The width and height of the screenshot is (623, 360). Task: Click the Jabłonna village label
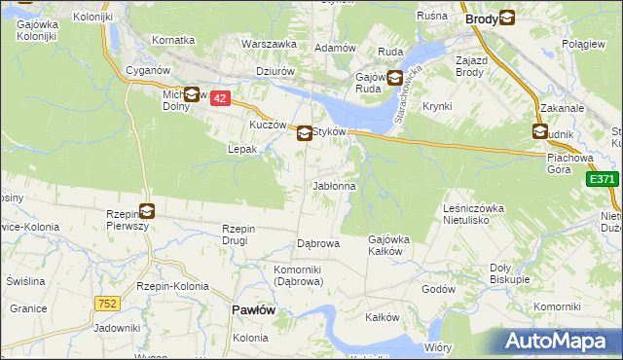point(334,186)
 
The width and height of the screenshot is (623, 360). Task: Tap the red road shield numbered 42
point(221,98)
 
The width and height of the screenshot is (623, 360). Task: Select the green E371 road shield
point(602,179)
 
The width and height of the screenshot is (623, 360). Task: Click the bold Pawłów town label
point(253,308)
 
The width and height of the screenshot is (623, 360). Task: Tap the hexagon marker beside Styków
point(305,133)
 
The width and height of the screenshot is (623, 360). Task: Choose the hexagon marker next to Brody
point(506,18)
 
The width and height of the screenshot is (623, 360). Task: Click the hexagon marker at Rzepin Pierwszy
point(146,209)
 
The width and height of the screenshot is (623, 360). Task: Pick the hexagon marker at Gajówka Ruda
point(395,78)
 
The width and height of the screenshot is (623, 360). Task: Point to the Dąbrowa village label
point(317,243)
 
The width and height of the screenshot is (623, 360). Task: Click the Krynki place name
point(437,106)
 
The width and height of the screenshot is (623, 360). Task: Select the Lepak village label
point(241,150)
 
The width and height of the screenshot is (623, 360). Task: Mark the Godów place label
point(438,289)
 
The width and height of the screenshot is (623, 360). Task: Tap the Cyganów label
point(149,71)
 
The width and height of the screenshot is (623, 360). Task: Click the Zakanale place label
point(562,110)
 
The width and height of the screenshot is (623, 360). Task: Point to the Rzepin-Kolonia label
point(172,286)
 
